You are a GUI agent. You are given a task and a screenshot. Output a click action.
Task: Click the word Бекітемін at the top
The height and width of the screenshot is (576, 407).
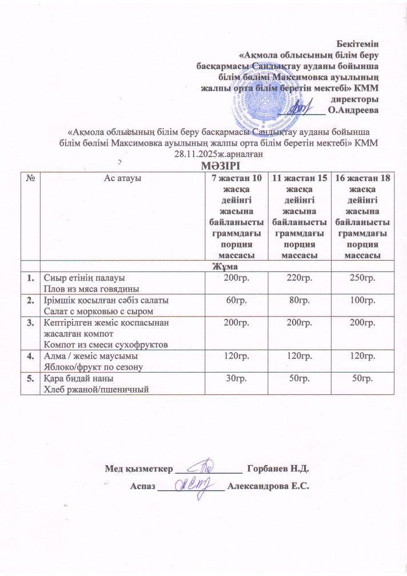[358, 43]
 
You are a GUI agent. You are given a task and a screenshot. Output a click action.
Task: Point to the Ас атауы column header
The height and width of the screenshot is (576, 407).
[122, 178]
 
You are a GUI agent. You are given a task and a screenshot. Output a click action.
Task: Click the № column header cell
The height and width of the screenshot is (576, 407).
[29, 178]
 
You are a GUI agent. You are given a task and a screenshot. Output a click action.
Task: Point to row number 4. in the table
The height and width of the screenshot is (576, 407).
[28, 357]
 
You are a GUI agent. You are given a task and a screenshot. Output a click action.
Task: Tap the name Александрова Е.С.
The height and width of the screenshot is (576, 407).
[268, 486]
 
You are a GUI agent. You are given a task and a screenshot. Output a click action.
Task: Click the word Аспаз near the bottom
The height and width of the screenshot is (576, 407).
[143, 486]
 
